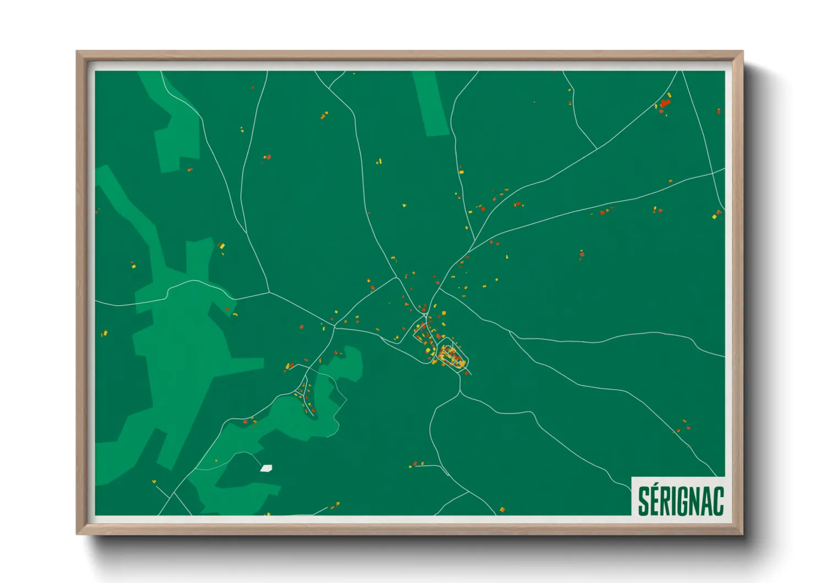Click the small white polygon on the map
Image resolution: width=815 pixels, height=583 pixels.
click(x=267, y=468)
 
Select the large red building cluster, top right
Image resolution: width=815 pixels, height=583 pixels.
click(x=665, y=103)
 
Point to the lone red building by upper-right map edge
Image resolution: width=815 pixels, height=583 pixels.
click(x=719, y=111)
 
